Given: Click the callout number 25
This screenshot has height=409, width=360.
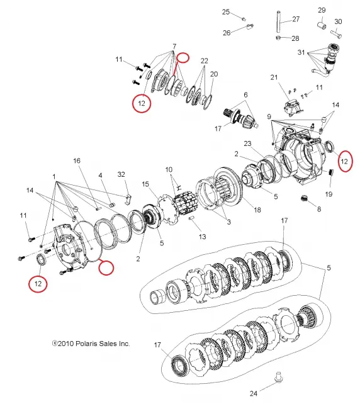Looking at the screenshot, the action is point(226,12).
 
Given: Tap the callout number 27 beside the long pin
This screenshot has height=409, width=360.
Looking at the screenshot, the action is point(296,19).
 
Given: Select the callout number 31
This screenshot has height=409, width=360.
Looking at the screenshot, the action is point(301,52).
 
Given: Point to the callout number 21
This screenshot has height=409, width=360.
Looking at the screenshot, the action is point(274,77).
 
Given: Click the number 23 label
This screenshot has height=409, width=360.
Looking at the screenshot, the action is point(247,143).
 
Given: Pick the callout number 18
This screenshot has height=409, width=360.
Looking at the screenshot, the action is point(257,210).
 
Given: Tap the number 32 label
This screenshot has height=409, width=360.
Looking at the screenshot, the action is point(121,174).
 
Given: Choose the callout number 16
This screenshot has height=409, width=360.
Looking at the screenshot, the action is point(77,160).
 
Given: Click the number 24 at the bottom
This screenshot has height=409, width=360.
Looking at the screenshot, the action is point(254,394).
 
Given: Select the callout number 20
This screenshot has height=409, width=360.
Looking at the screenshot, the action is point(214,74).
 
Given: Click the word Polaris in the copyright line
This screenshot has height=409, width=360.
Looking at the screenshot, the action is point(88,344).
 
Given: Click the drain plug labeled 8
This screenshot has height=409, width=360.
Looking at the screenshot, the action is point(303,198).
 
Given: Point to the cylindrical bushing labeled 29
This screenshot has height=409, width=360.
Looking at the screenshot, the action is point(322,26).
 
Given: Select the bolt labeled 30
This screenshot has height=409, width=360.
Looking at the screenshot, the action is point(336,34).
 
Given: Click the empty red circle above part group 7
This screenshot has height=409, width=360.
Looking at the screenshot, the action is point(183,57).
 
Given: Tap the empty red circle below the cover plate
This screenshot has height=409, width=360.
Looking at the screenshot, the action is point(106,267).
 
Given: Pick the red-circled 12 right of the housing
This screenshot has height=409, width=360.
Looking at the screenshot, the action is point(345,161).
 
